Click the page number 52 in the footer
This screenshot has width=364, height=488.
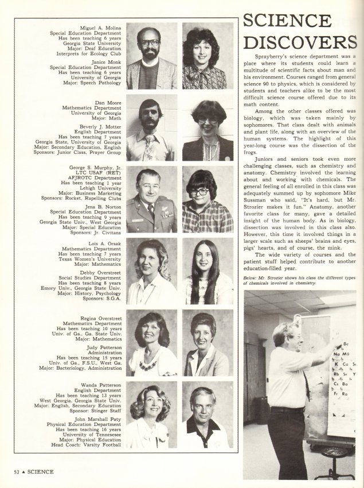18,472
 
